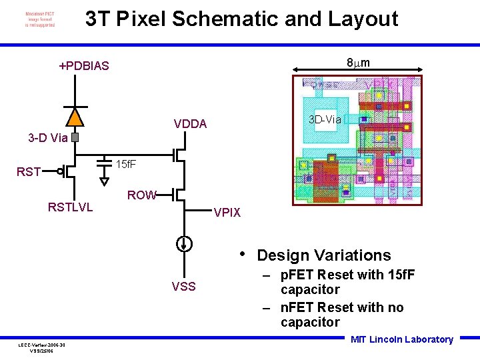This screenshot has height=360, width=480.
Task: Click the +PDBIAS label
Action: [83, 66]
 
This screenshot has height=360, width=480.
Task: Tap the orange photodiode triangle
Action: [75, 117]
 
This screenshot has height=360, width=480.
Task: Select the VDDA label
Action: [190, 124]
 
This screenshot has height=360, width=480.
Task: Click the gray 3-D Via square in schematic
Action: [75, 138]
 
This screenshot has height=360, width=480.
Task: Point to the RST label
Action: [29, 173]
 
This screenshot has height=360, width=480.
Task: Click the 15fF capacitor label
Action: [127, 164]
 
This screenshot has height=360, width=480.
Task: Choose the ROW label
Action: [141, 195]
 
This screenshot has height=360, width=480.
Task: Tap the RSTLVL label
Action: [70, 207]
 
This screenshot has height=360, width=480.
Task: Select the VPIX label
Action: [227, 213]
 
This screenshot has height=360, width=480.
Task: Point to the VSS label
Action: [183, 287]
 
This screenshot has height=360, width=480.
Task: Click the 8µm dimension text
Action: [359, 63]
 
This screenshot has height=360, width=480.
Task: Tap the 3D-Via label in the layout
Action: [325, 120]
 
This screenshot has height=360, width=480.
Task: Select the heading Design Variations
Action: [323, 255]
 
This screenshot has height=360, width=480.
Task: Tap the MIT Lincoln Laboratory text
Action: [401, 339]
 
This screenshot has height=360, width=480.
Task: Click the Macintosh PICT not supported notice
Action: [40, 19]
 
